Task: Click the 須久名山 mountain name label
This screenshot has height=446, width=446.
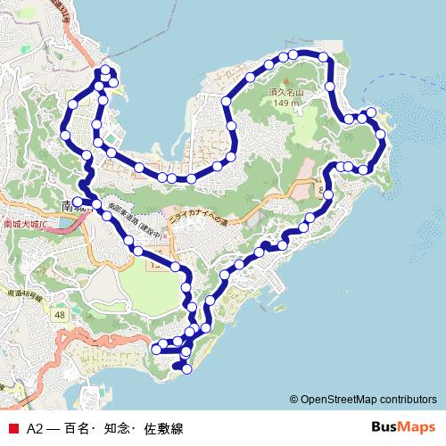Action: pyautogui.click(x=286, y=93)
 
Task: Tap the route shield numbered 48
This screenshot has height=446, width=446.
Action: pyautogui.click(x=60, y=315)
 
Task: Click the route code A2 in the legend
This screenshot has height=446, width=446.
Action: pyautogui.click(x=35, y=428)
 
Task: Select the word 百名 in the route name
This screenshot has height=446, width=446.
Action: pyautogui.click(x=78, y=428)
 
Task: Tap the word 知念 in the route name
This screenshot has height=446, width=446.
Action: pyautogui.click(x=116, y=428)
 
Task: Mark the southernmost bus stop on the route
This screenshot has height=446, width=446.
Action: pyautogui.click(x=186, y=368)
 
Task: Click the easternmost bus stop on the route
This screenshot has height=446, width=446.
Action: pyautogui.click(x=382, y=135)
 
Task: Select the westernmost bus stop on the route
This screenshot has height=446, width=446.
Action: pyautogui.click(x=65, y=135)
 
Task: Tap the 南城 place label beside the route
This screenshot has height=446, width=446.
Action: pyautogui.click(x=71, y=206)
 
